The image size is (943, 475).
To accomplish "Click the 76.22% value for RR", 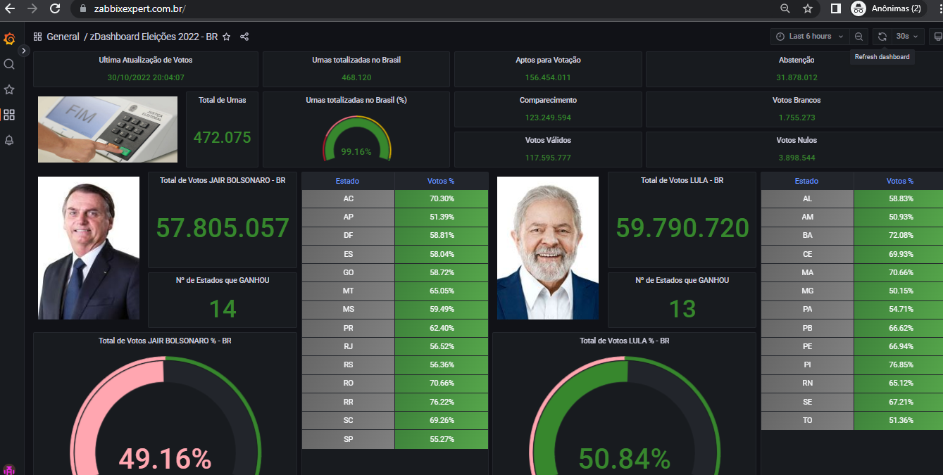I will (442, 402).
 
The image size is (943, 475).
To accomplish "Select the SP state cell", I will (349, 439).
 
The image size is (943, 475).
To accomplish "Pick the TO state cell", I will (807, 420).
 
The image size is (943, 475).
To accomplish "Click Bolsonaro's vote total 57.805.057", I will (223, 228).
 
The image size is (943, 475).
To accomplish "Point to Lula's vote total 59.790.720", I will (682, 228).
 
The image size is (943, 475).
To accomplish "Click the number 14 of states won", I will (223, 308).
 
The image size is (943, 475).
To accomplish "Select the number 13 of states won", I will (682, 308).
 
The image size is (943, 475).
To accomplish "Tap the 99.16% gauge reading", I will (356, 151).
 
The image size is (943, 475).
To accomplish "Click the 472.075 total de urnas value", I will (222, 137).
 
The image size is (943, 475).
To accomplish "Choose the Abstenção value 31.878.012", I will (797, 77).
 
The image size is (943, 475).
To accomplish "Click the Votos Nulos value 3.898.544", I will (797, 158).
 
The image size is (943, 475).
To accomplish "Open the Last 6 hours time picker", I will (810, 37).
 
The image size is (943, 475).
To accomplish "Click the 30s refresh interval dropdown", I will (907, 37).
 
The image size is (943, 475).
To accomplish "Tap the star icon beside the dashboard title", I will (226, 37).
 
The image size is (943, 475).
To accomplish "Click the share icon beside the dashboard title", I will (244, 37).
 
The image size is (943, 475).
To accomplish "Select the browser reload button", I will (55, 8).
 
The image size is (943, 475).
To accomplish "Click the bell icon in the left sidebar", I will (9, 140).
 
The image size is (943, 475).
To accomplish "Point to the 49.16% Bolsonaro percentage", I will (165, 459).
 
